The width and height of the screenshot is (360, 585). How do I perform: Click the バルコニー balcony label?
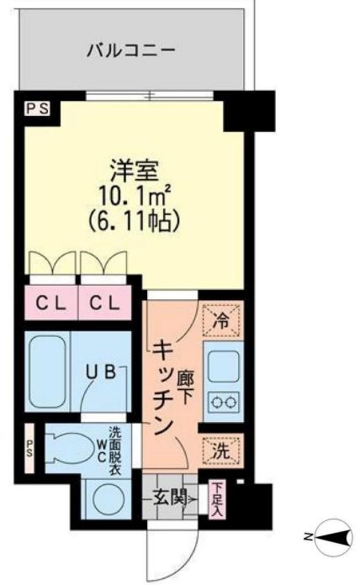132,50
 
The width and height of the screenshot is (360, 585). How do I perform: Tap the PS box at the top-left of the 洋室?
36,108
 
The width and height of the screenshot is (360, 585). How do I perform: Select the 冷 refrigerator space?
220,320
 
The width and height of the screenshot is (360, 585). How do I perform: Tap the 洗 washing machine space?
220,450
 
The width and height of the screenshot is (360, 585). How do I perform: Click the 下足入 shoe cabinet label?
217,498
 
